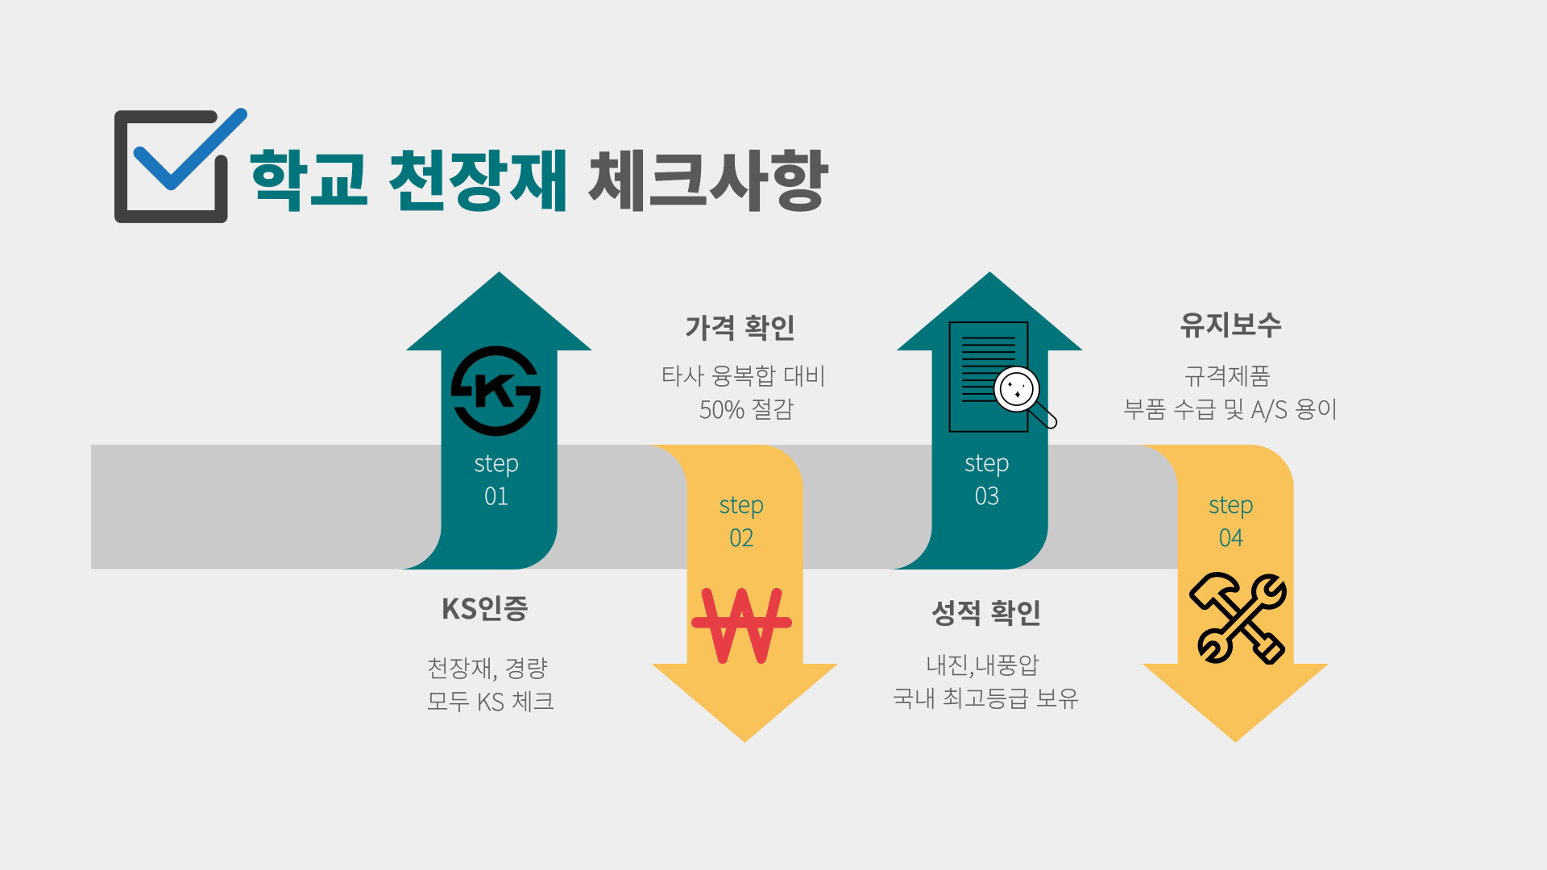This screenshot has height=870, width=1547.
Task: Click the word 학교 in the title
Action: coord(309,180)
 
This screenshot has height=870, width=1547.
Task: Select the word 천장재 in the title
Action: coord(478,180)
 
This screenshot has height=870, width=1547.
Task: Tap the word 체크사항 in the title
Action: coord(707,180)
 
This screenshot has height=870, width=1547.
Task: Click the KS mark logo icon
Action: coord(496,391)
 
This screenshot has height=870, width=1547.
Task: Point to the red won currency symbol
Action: coord(741,625)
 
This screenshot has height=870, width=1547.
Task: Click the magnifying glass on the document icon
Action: coord(1018,391)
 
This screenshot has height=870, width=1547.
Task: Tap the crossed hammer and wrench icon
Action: coord(1238,618)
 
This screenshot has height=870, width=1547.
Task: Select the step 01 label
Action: coord(496,479)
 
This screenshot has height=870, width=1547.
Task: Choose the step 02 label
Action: coord(741,521)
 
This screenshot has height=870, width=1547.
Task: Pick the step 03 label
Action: coord(987,479)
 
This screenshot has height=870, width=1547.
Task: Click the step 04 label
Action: coord(1231,521)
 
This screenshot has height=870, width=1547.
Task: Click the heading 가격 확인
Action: coord(740,328)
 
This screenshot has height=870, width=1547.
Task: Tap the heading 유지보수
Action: coord(1230,325)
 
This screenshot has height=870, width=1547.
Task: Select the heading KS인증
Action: coord(484,609)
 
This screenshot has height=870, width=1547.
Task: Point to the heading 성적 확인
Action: coord(986,613)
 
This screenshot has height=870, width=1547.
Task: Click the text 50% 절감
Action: coord(746,409)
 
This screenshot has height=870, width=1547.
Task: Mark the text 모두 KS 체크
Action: coord(491,702)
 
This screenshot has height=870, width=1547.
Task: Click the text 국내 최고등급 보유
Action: coord(985,698)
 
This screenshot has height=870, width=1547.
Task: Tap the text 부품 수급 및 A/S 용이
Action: coord(1230,409)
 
